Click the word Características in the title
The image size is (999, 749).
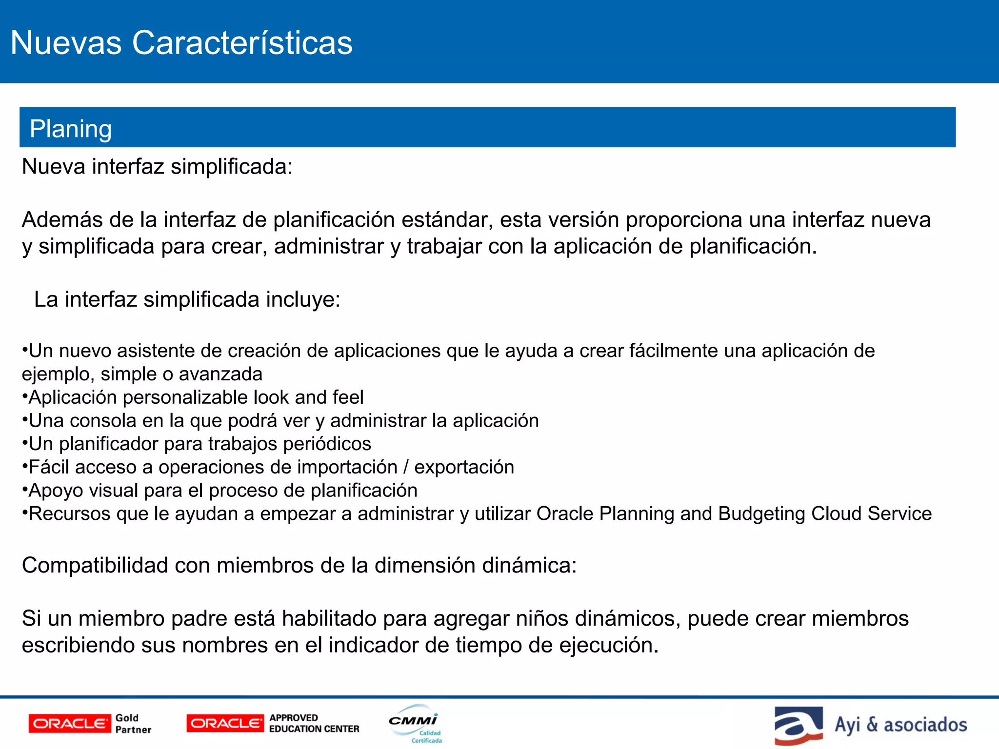tap(242, 43)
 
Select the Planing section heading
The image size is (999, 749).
tap(71, 129)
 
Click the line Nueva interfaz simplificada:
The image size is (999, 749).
tap(157, 167)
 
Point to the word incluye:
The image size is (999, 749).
tap(303, 299)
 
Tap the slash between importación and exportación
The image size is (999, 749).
tap(406, 467)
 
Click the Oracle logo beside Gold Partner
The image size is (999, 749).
tap(69, 724)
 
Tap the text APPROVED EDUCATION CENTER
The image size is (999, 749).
tap(314, 724)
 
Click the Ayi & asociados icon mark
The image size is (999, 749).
tap(798, 726)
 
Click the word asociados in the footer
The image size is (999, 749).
tap(925, 725)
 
